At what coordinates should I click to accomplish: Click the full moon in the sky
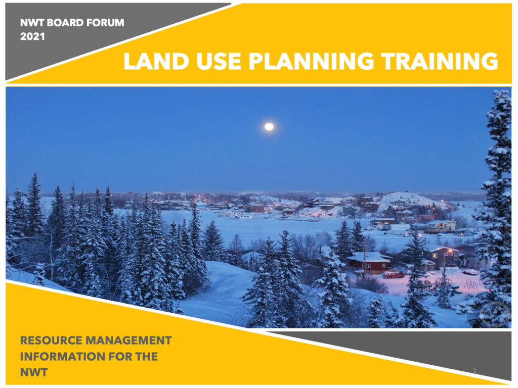[269, 127]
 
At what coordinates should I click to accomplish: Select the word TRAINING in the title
[439, 62]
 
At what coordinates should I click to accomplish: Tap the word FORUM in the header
[104, 23]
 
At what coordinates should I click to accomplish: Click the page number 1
[474, 371]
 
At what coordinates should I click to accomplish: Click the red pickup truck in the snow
[393, 274]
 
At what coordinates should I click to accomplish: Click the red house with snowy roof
[368, 262]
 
